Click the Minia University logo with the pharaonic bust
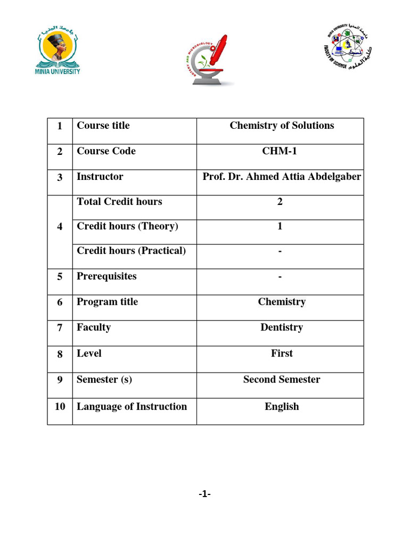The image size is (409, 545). pos(58,52)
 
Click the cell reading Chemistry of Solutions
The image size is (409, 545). pos(282,126)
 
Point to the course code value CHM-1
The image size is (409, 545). pos(280,151)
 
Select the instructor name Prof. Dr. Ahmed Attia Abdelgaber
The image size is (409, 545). pos(282,177)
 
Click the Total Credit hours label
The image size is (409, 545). pos(119,202)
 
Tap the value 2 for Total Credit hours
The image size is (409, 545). pos(280,202)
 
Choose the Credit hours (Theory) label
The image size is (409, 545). pos(127,226)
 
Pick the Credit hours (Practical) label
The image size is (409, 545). pos(132,251)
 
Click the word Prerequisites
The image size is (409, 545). pos(107,276)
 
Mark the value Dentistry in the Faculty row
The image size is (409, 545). pos(282,327)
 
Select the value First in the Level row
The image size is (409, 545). pos(282,353)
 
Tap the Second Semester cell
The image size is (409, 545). pos(282,379)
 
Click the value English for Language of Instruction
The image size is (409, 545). pos(282,407)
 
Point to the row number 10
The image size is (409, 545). pos(60,407)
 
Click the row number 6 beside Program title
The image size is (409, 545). pos(60,302)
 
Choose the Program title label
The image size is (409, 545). pos(107,302)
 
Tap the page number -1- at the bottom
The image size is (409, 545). pos(204,494)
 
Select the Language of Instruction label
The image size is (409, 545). pos(132,407)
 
